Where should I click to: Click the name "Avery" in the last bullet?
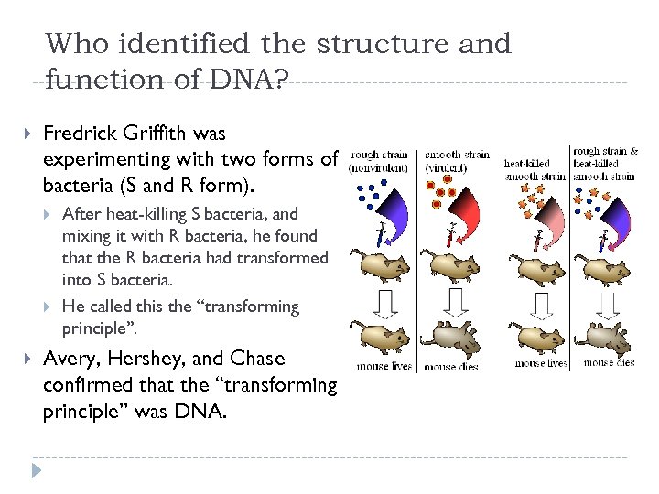click(70, 359)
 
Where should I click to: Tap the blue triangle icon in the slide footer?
click(36, 471)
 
